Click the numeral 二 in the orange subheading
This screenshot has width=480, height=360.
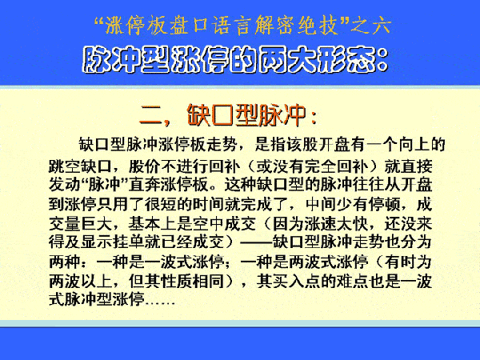coord(150,115)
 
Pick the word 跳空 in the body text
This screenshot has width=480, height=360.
coord(65,166)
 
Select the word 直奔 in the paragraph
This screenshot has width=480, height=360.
coord(145,185)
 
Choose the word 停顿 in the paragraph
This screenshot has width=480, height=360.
coord(385,204)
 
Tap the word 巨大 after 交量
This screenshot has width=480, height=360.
coord(97,223)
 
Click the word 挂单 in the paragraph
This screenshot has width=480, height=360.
coord(129,242)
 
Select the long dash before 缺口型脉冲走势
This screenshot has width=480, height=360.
coord(256,242)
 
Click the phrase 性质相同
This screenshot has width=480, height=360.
coord(192,281)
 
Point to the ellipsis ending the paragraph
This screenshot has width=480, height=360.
coord(161,303)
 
